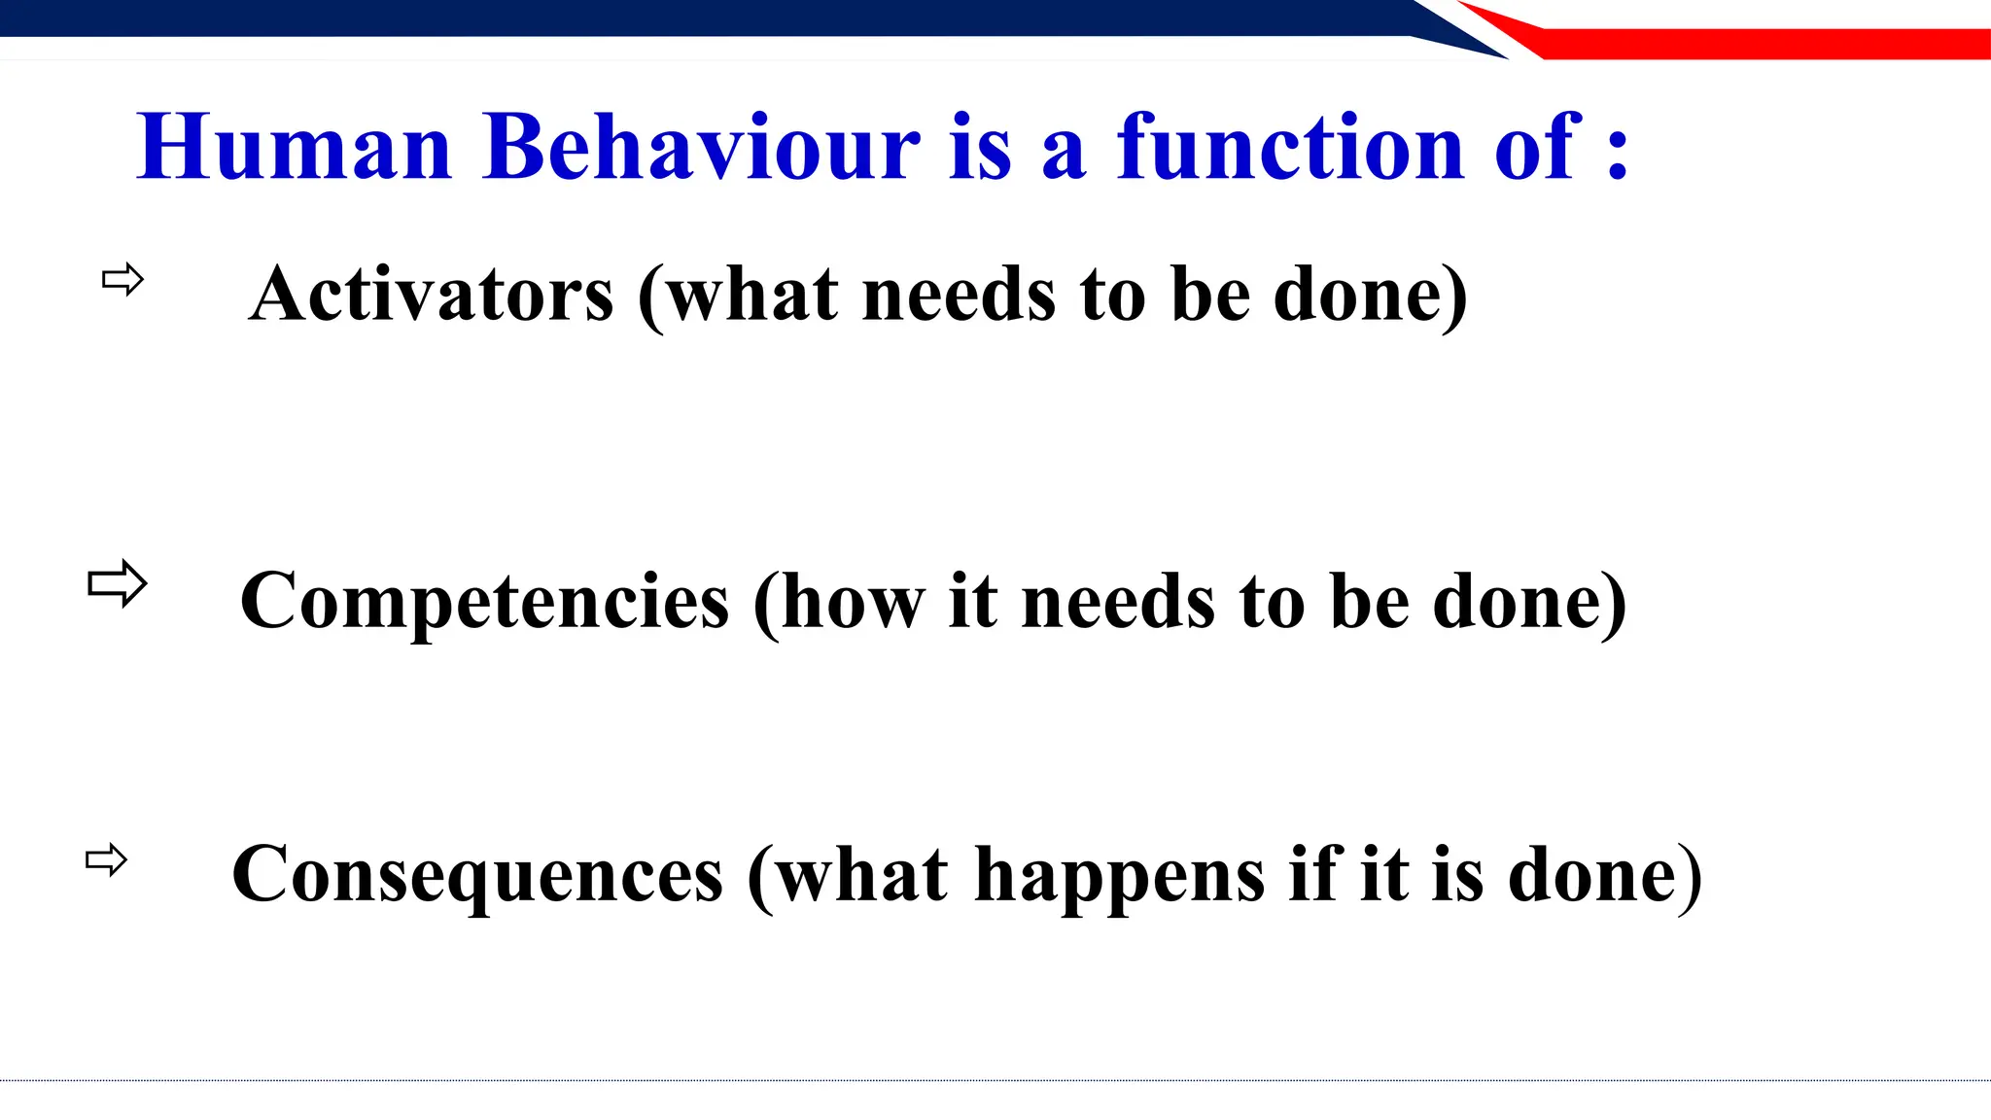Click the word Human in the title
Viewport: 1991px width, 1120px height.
295,148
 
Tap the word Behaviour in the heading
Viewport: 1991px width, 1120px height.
700,148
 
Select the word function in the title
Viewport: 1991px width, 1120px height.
1290,148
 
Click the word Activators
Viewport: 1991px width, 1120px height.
432,295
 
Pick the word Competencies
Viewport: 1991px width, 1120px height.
484,602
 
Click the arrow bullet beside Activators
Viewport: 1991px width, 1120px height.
122,280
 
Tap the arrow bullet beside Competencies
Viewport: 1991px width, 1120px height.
117,583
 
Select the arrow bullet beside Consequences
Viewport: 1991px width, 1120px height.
106,860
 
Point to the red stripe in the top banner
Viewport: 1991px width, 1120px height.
1750,44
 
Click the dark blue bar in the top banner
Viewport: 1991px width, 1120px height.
681,17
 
